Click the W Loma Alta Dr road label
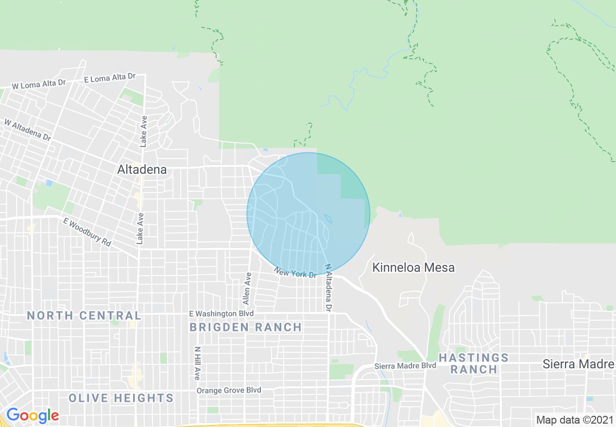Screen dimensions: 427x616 coord(39,84)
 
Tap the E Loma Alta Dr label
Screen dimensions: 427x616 coord(110,78)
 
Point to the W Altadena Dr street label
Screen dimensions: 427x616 coord(28,130)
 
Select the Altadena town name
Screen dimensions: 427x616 coord(142,169)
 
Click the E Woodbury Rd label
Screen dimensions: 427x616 coord(87,231)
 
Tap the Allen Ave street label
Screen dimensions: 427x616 coord(248,288)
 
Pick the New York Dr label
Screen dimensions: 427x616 coord(295,273)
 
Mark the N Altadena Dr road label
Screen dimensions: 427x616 coord(329,287)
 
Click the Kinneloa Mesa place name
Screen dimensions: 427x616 coord(413,267)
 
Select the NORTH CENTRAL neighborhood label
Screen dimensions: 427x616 coord(84,315)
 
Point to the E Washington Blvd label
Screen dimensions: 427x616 coord(221,314)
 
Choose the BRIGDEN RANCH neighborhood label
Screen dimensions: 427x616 coord(246,328)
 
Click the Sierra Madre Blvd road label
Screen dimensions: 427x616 coord(405,365)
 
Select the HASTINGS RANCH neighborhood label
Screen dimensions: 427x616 coord(474,363)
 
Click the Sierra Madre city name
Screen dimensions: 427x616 coord(578,364)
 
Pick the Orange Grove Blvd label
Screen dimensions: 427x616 coord(228,390)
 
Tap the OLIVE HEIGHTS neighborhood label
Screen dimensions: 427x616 coord(121,398)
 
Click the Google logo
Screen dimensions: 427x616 coord(33,415)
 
